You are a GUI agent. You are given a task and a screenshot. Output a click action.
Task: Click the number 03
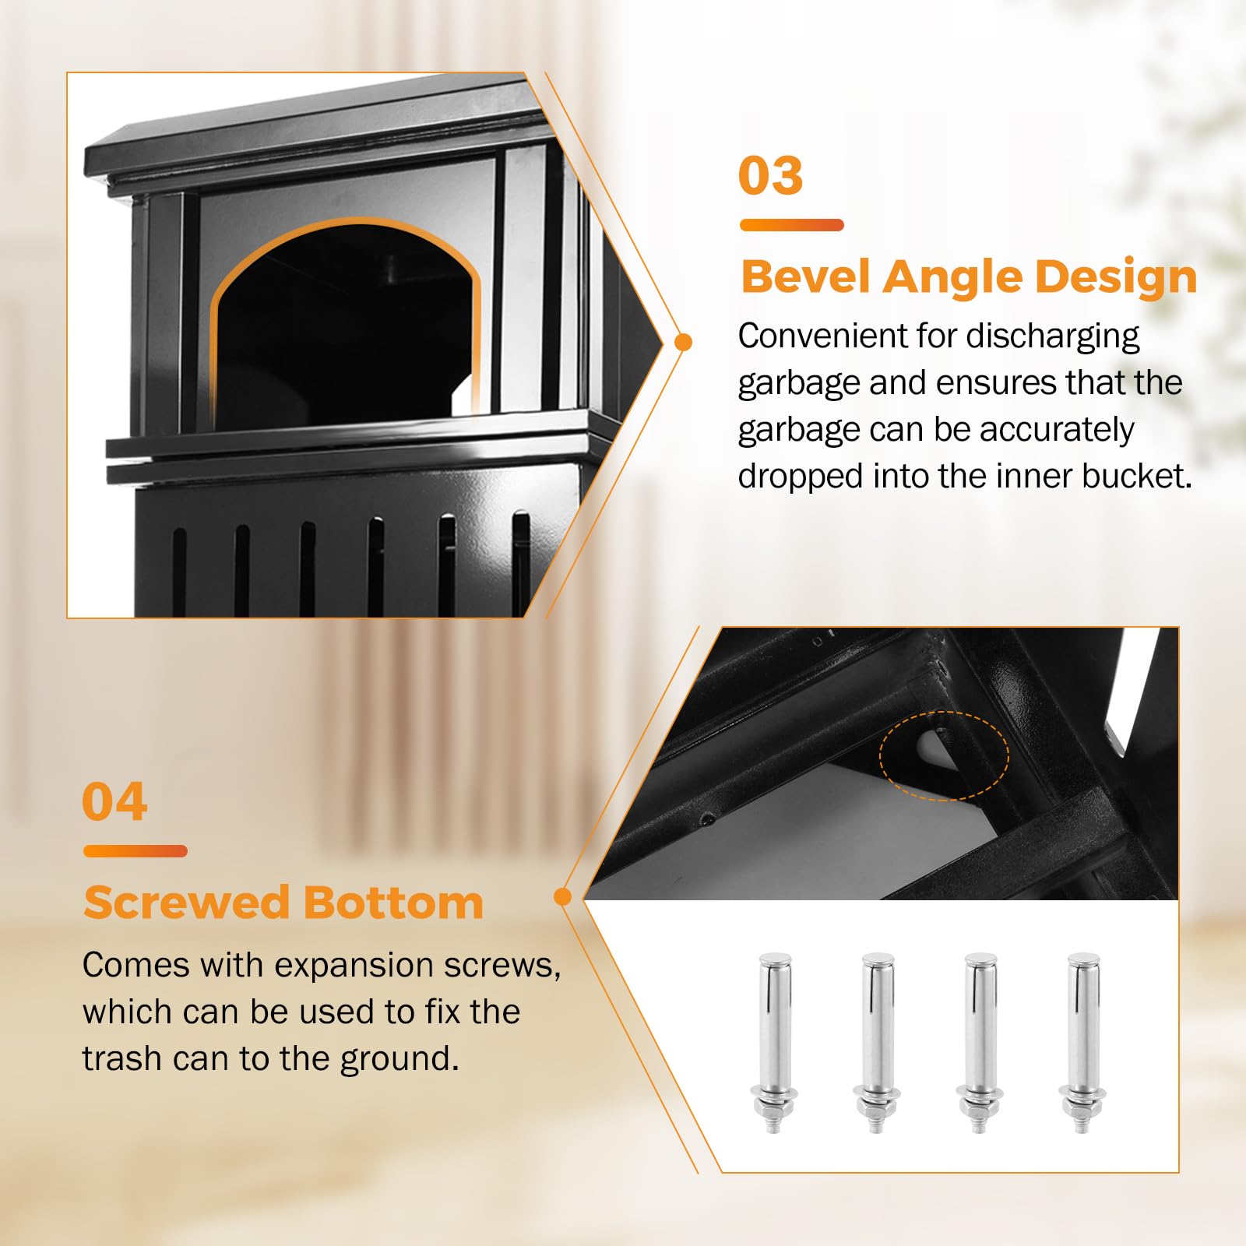coord(770,175)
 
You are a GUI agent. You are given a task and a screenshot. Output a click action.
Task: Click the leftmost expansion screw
coord(775,1042)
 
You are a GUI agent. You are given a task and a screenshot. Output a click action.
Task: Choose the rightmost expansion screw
coord(1083,1042)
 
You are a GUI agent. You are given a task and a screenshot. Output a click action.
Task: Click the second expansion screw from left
coord(878,1042)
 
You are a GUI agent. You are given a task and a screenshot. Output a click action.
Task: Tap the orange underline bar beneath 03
coord(791,225)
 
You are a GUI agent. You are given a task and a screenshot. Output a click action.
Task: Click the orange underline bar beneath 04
coord(136,851)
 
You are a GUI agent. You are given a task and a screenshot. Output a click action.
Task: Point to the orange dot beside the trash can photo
coord(684,342)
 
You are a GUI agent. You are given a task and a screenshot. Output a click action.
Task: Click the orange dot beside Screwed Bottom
coord(562,897)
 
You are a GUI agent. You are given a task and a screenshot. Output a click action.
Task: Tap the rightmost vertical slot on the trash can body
coord(521,564)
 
